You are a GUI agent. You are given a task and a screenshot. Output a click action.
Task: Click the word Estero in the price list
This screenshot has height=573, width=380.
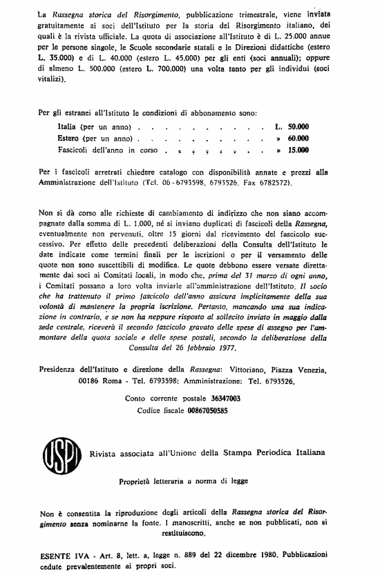click(x=71, y=138)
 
